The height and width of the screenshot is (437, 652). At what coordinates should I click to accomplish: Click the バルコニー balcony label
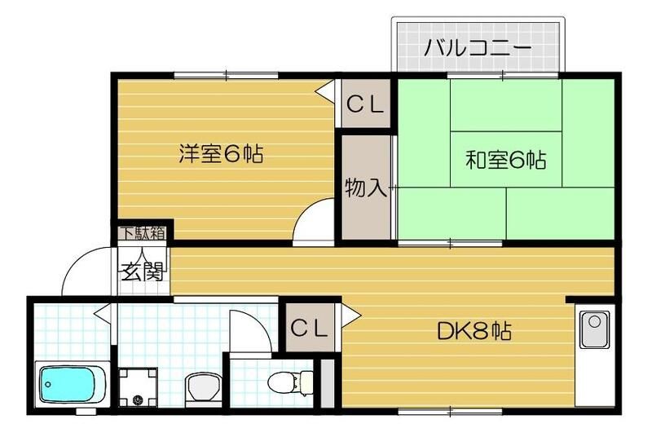coord(477,47)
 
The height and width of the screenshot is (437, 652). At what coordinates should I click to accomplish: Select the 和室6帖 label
coord(505,160)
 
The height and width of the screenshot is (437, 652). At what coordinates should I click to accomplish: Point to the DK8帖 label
coord(474,332)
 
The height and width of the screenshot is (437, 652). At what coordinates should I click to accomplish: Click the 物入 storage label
coord(365,188)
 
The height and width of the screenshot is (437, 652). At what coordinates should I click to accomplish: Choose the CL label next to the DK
coord(310,329)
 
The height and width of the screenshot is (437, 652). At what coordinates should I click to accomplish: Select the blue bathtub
coord(72,384)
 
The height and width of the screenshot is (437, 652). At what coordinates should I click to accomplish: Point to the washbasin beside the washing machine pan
coord(197,387)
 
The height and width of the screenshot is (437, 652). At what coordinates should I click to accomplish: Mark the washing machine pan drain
coord(136,399)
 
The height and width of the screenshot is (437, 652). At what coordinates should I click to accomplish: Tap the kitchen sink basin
coord(596,331)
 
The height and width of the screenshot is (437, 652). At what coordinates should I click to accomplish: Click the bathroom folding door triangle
coord(101,311)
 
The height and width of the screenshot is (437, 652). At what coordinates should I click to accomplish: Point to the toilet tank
coord(306,381)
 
